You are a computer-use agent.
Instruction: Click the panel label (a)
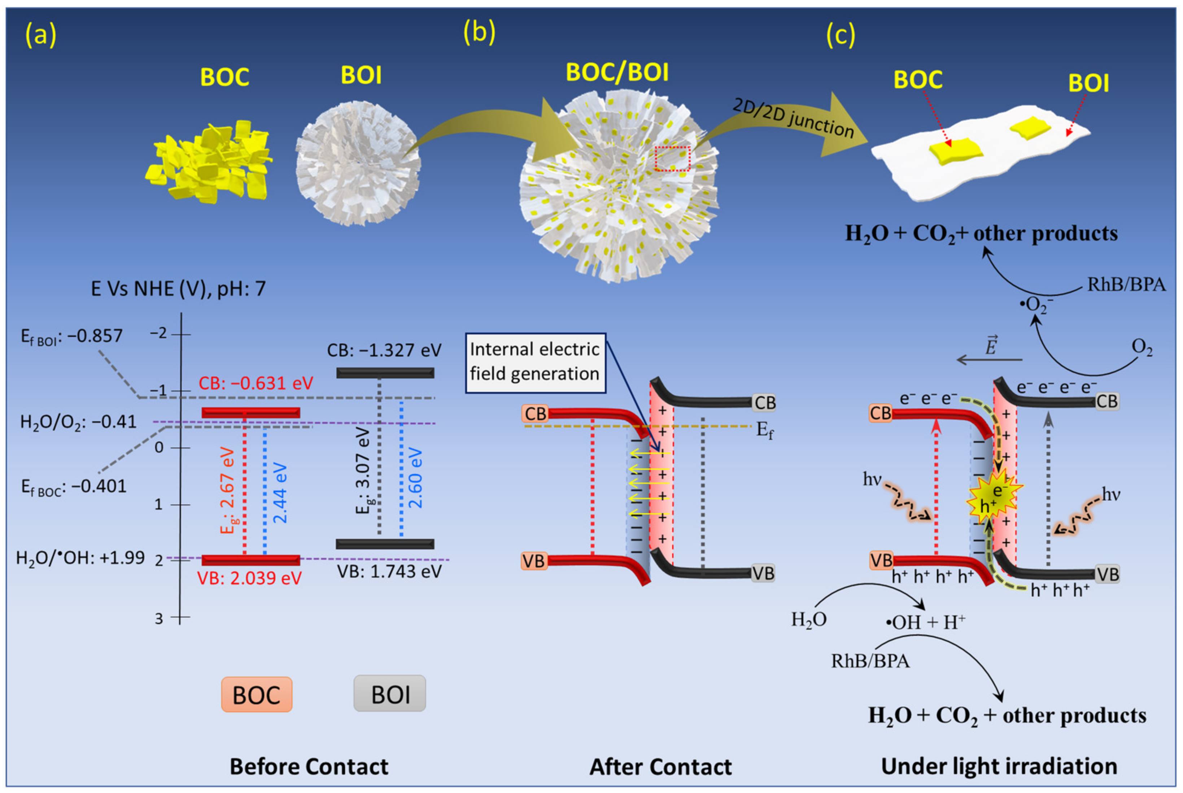pyautogui.click(x=40, y=36)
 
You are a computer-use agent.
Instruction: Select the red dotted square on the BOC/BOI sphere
pyautogui.click(x=672, y=159)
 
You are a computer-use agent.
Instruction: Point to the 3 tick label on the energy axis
pyautogui.click(x=159, y=618)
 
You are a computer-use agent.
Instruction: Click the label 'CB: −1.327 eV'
pyautogui.click(x=384, y=350)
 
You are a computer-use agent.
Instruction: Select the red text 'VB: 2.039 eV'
pyautogui.click(x=249, y=578)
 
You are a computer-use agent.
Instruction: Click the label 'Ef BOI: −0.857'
pyautogui.click(x=72, y=336)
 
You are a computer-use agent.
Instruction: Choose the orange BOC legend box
pyautogui.click(x=257, y=695)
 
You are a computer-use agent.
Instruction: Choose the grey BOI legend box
pyautogui.click(x=389, y=694)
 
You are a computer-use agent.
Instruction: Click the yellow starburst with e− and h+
pyautogui.click(x=994, y=499)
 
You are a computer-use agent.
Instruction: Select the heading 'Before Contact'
pyautogui.click(x=309, y=766)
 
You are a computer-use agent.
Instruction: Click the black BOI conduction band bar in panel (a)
pyautogui.click(x=385, y=373)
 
